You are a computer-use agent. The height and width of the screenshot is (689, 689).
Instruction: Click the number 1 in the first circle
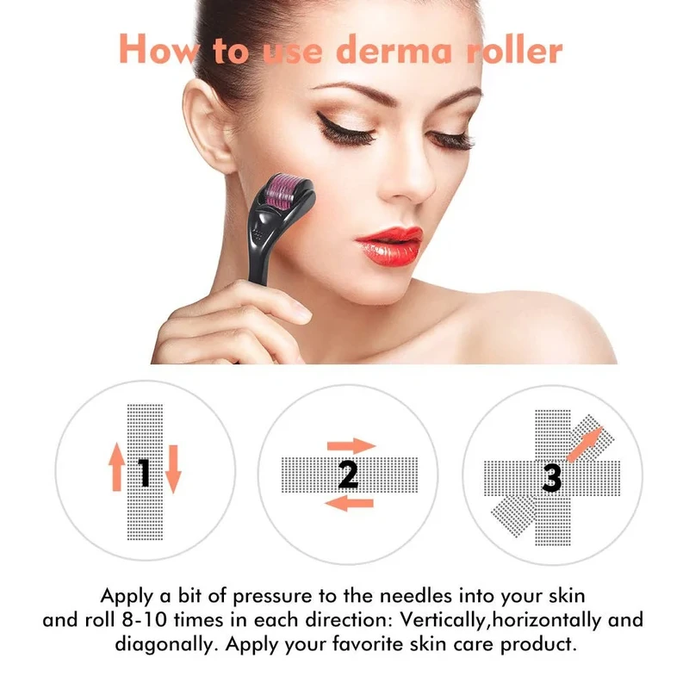pyautogui.click(x=145, y=472)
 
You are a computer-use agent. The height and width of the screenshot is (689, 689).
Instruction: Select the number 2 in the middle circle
pyautogui.click(x=348, y=474)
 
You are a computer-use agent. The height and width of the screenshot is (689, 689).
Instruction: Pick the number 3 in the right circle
pyautogui.click(x=552, y=476)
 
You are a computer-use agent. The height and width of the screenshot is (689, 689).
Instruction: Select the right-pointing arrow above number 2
pyautogui.click(x=351, y=445)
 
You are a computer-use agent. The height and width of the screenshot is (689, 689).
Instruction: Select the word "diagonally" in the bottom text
pyautogui.click(x=159, y=644)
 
